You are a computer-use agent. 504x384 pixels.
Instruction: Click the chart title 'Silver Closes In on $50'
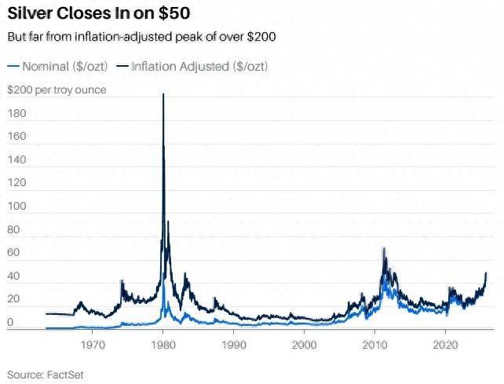click(x=98, y=14)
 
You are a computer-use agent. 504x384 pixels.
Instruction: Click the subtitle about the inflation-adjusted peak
click(x=141, y=37)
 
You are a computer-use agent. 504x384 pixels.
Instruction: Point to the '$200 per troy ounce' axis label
click(x=57, y=90)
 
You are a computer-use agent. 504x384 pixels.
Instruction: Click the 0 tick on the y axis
click(x=11, y=323)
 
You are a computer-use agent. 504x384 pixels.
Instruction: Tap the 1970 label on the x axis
click(x=93, y=344)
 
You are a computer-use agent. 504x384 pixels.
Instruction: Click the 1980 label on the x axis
click(x=163, y=344)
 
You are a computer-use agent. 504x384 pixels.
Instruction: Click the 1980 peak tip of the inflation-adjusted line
click(x=163, y=95)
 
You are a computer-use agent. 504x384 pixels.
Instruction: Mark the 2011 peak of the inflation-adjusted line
click(x=384, y=249)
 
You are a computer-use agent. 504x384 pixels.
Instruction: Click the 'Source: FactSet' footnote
click(x=46, y=375)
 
